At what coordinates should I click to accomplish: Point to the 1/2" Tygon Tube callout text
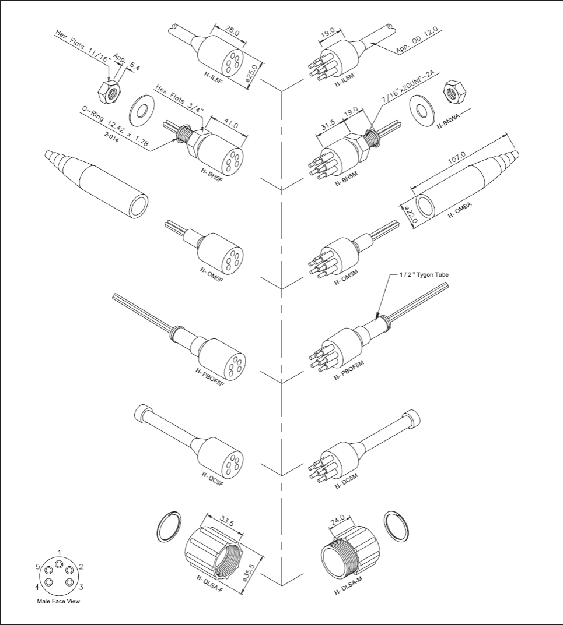[x=425, y=274]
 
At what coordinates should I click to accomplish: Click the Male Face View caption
[x=58, y=602]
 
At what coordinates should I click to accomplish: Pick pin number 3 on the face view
[x=81, y=587]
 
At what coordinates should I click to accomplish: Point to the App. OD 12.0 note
[x=417, y=40]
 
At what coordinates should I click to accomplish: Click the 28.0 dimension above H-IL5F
[x=232, y=31]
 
